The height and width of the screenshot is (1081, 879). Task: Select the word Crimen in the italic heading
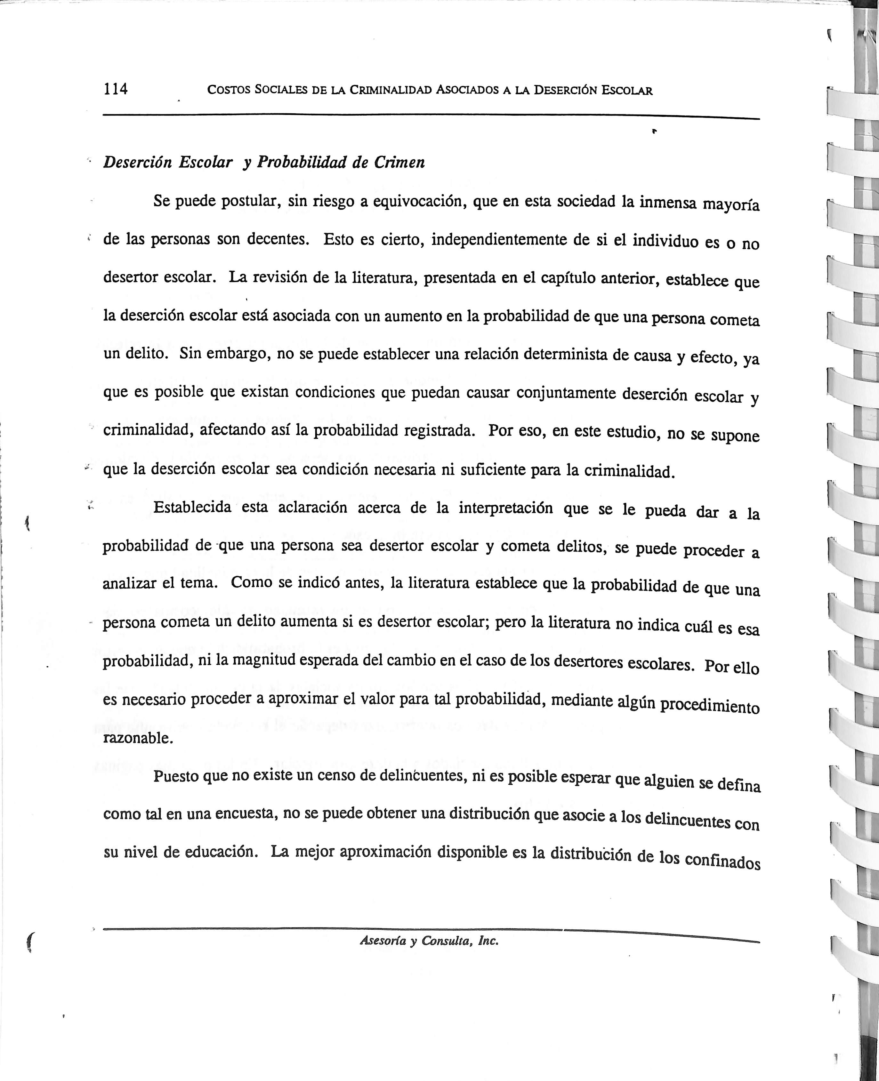click(399, 163)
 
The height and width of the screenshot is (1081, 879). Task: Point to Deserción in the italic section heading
click(138, 163)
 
